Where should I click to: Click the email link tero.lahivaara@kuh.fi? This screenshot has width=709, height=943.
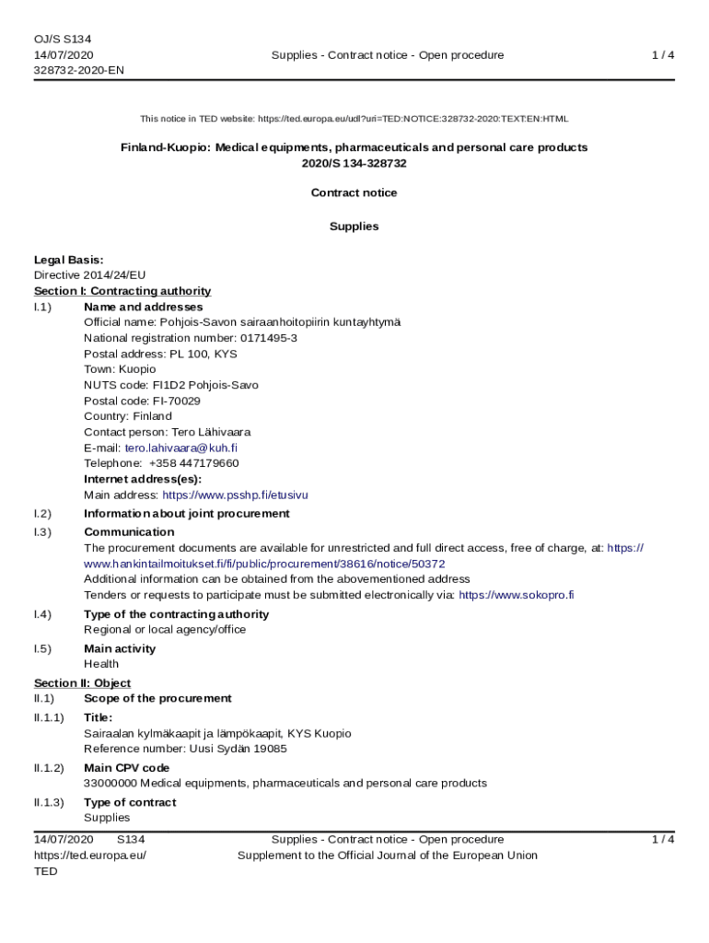pyautogui.click(x=181, y=448)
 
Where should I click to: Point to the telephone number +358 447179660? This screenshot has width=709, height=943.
pyautogui.click(x=193, y=463)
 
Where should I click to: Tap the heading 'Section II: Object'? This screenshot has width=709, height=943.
pyautogui.click(x=82, y=683)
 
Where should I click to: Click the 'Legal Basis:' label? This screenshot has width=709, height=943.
pyautogui.click(x=69, y=260)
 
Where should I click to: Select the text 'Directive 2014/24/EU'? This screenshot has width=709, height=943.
pyautogui.click(x=89, y=275)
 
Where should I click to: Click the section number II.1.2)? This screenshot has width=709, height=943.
pyautogui.click(x=49, y=768)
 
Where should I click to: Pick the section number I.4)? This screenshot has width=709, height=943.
pyautogui.click(x=42, y=614)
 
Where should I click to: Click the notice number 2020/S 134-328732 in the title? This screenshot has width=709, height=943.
pyautogui.click(x=354, y=163)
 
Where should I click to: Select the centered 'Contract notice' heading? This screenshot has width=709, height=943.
pyautogui.click(x=354, y=192)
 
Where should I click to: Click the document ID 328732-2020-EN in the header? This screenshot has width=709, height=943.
pyautogui.click(x=79, y=70)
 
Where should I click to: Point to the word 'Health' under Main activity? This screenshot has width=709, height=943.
pyautogui.click(x=101, y=664)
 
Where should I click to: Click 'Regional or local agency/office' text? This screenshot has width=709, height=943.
pyautogui.click(x=165, y=630)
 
